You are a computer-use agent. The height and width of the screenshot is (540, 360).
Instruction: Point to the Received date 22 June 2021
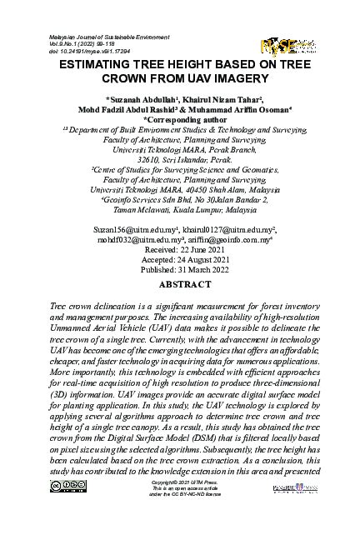point(180,247)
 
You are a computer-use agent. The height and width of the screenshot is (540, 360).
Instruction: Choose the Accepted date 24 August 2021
point(180,258)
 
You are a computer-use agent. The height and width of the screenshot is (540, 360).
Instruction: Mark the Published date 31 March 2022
point(180,269)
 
